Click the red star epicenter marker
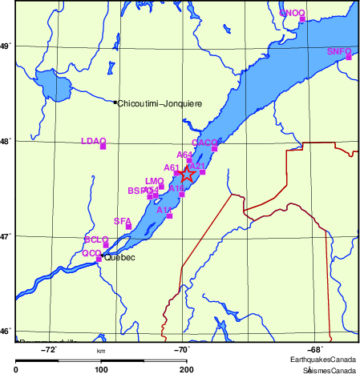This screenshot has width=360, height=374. (x=186, y=173)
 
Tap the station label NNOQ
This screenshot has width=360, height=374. (x=292, y=13)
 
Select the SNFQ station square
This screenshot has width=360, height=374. (x=349, y=57)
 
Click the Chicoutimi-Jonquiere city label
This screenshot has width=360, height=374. (x=160, y=103)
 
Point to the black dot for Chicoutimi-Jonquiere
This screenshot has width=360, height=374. (x=115, y=103)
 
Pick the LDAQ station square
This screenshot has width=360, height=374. (x=103, y=146)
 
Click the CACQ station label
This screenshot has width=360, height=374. (x=204, y=142)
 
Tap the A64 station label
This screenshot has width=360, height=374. (x=184, y=155)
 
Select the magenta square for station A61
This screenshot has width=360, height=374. (x=177, y=173)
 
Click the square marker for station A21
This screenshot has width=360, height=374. (x=203, y=172)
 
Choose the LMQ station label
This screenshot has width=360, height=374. (x=154, y=181)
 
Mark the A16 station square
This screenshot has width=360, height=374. (x=182, y=195)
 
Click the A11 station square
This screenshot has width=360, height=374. (x=169, y=215)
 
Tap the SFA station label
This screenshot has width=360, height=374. (x=122, y=220)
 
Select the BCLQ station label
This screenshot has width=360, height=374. (x=96, y=239)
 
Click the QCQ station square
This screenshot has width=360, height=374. (x=99, y=259)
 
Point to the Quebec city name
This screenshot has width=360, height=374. (x=121, y=258)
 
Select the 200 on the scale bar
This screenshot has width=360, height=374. (x=186, y=369)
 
